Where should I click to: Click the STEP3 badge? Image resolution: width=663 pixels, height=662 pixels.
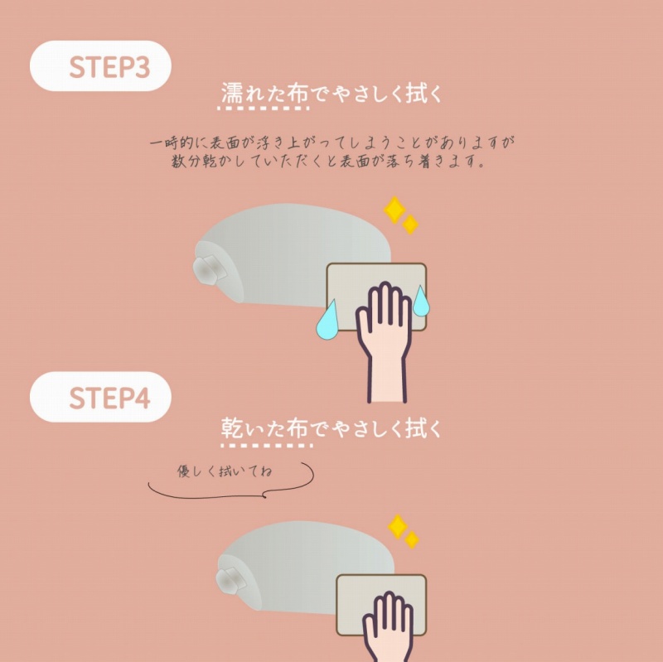(x=100, y=66)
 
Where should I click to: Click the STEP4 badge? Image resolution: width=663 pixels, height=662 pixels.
(x=100, y=397)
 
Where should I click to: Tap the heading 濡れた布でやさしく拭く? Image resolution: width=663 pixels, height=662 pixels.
(x=331, y=93)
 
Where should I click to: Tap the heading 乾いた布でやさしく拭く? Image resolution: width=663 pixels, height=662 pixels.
(x=331, y=428)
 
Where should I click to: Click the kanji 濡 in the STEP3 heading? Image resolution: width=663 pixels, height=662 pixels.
(x=232, y=93)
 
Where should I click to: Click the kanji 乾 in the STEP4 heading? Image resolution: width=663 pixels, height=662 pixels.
(x=232, y=428)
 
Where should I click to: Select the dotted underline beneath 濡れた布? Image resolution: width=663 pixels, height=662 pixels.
(x=263, y=109)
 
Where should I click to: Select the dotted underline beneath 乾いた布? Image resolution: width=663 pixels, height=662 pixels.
(x=266, y=445)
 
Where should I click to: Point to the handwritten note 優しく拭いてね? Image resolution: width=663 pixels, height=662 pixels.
(x=225, y=471)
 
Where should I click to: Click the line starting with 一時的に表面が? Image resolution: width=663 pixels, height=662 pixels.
(x=332, y=143)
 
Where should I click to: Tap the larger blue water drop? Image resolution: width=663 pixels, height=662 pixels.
(x=327, y=320)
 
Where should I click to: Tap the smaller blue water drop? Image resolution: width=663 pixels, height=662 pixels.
(x=421, y=302)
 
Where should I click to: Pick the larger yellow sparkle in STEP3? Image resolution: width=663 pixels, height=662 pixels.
(x=395, y=210)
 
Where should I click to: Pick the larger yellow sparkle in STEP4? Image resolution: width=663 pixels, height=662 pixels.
(x=398, y=527)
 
